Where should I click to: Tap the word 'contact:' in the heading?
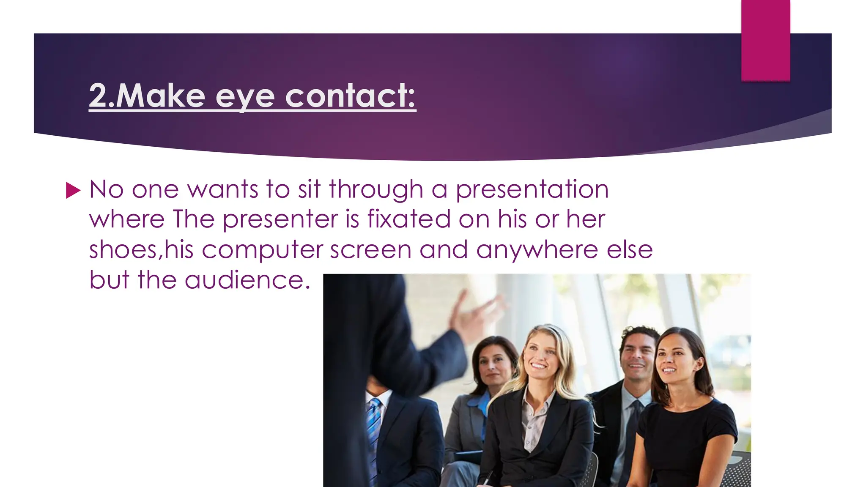click(351, 96)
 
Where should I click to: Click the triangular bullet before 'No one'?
click(73, 191)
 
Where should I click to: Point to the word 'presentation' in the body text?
click(532, 190)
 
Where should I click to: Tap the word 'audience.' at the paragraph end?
click(247, 280)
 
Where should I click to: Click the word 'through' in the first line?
click(376, 190)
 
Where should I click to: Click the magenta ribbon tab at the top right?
click(765, 40)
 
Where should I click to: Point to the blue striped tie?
click(373, 427)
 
